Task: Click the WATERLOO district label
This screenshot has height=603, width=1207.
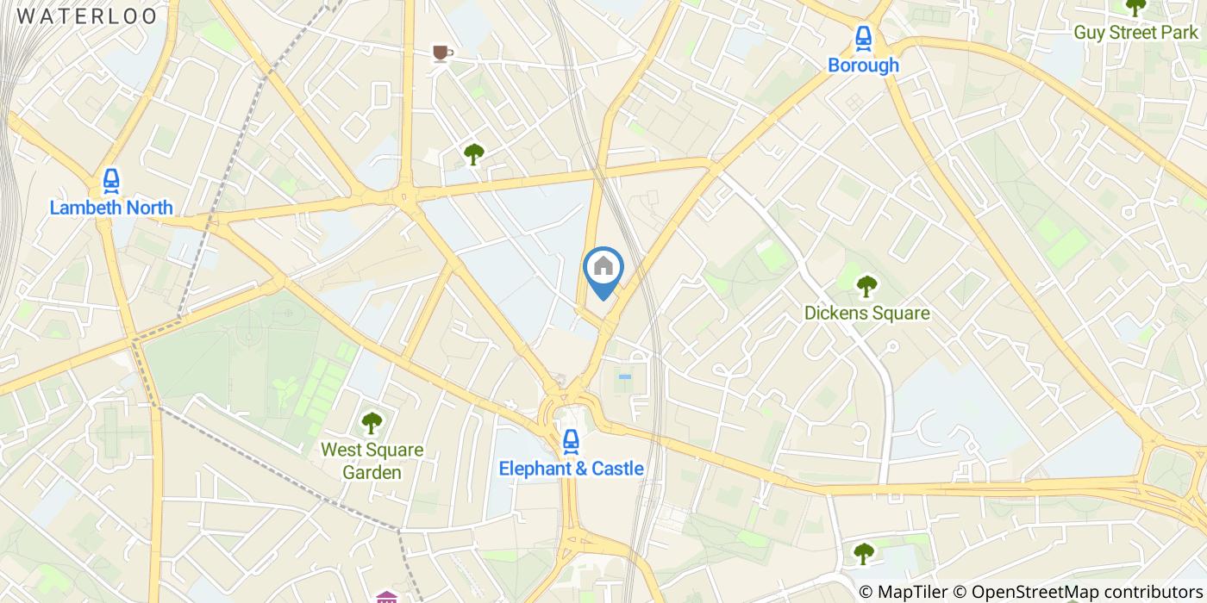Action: pyautogui.click(x=87, y=16)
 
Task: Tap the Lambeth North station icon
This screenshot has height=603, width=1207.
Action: pyautogui.click(x=110, y=181)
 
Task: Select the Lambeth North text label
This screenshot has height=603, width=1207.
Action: pyautogui.click(x=110, y=208)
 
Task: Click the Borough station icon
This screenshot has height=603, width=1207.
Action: pyautogui.click(x=863, y=37)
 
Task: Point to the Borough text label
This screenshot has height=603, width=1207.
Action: pyautogui.click(x=863, y=65)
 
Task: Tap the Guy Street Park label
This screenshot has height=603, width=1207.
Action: pyautogui.click(x=1135, y=33)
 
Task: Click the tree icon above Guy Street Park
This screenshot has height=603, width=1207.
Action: pyautogui.click(x=1135, y=7)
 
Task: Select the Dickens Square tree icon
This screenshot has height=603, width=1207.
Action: pyautogui.click(x=866, y=286)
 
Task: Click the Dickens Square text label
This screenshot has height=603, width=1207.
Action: pyautogui.click(x=866, y=313)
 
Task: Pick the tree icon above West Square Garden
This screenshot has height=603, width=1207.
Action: pyautogui.click(x=372, y=423)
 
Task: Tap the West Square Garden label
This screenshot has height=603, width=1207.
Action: pyautogui.click(x=372, y=461)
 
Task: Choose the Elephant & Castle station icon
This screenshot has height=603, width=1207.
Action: pyautogui.click(x=570, y=442)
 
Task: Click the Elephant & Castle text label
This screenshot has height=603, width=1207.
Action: pyautogui.click(x=571, y=469)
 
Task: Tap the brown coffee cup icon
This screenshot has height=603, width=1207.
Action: pyautogui.click(x=442, y=54)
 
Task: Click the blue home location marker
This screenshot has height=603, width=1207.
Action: pyautogui.click(x=603, y=269)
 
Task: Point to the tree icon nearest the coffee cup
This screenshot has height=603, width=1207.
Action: pyautogui.click(x=473, y=154)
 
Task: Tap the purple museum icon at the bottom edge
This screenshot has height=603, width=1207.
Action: pyautogui.click(x=387, y=596)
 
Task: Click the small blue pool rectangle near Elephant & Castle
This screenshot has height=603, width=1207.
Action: pyautogui.click(x=624, y=376)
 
